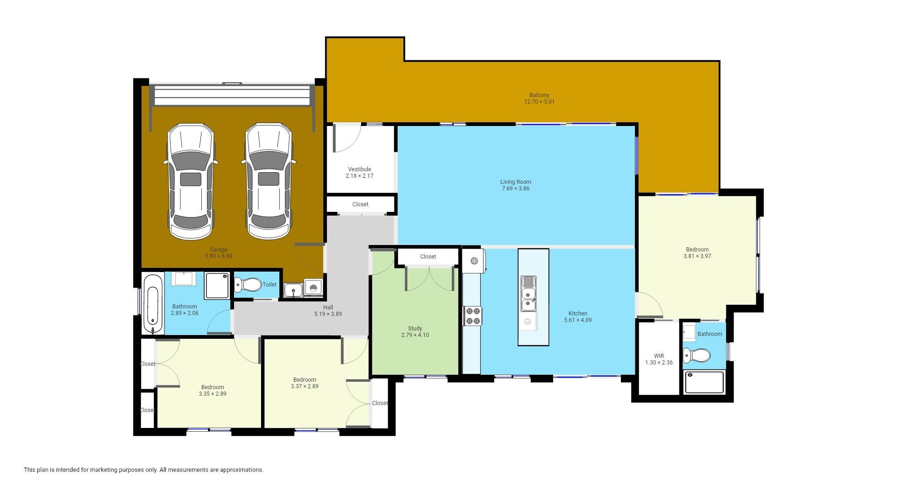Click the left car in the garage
point(191,182)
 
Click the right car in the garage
point(269,182)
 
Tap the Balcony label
point(539,95)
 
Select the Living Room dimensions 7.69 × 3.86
point(516,189)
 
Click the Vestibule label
point(359,169)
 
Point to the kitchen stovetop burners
point(472,315)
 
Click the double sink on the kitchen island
point(528,293)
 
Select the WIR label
point(659,356)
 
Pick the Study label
point(415,329)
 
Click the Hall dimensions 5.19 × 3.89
point(328,314)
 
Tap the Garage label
point(218,250)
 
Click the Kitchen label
point(578,314)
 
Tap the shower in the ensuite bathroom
point(704,382)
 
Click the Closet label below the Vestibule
point(360,204)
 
